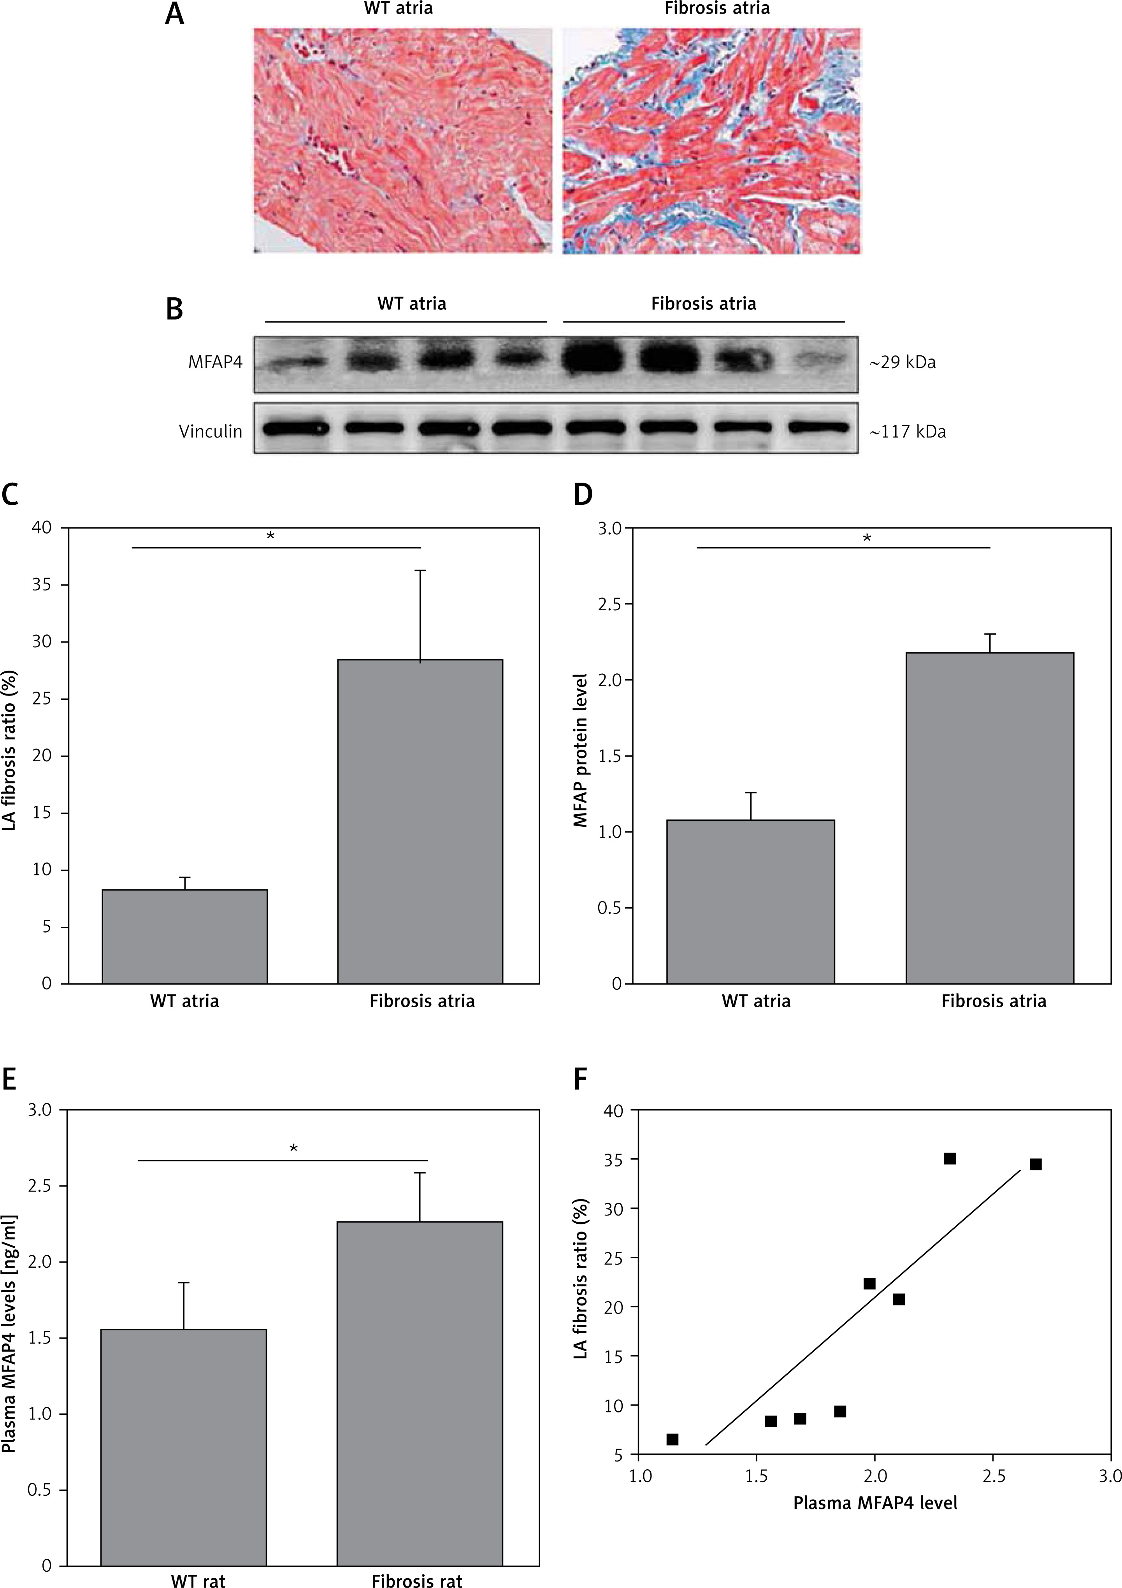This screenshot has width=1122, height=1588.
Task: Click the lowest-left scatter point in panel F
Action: tap(672, 1439)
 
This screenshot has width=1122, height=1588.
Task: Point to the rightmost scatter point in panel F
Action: tap(1035, 1164)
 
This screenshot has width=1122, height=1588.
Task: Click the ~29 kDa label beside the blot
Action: tap(903, 362)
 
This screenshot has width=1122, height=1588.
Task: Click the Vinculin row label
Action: tap(210, 432)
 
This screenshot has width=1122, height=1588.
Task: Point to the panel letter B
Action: tap(174, 309)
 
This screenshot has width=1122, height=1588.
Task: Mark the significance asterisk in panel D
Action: tap(867, 538)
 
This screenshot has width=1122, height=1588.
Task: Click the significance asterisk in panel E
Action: tap(294, 1149)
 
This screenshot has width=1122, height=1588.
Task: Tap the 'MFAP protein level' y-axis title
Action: tap(580, 750)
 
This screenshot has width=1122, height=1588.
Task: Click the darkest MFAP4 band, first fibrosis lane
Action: tap(592, 360)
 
